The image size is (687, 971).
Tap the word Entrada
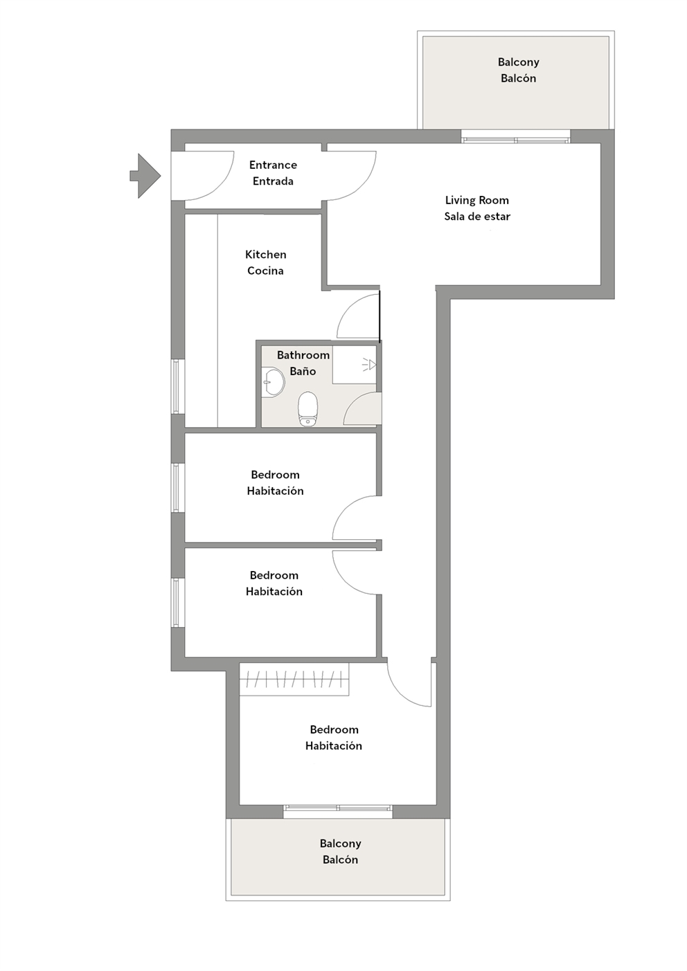point(273,181)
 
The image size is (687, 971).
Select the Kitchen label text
point(265,255)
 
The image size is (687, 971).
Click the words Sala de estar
point(477,217)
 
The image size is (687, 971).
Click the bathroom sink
point(274,381)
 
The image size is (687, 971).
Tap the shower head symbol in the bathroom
point(369,364)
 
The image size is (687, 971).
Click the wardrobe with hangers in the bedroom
point(294,679)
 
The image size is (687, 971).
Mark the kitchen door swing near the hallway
point(358,317)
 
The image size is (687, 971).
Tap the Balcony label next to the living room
point(518,62)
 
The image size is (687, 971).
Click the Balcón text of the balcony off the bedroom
point(340,860)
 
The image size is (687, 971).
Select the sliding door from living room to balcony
point(515,140)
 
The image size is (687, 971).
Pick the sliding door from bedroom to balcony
point(338,808)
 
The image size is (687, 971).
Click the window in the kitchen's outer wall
point(177,386)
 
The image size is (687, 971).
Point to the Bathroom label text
point(303,355)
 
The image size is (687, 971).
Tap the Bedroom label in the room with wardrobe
point(334,729)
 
